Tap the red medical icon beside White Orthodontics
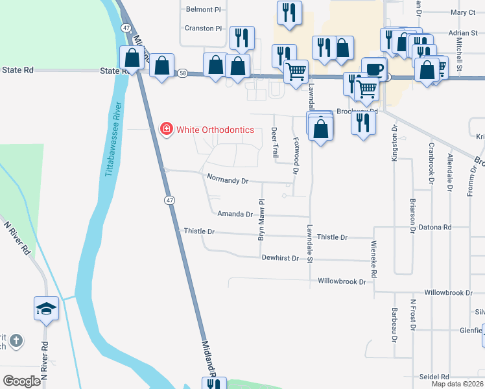[x=167, y=129]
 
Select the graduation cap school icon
[x=47, y=308]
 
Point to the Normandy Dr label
[x=228, y=178]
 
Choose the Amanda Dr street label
[x=235, y=213]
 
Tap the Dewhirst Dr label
[x=280, y=257]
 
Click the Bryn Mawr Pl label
[x=263, y=220]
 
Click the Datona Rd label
[x=434, y=227]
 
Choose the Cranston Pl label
[x=204, y=29]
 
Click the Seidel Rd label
[x=434, y=377]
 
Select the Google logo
[x=21, y=381]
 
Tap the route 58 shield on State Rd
[x=183, y=75]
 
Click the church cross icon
[x=16, y=340]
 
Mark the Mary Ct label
[x=463, y=12]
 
